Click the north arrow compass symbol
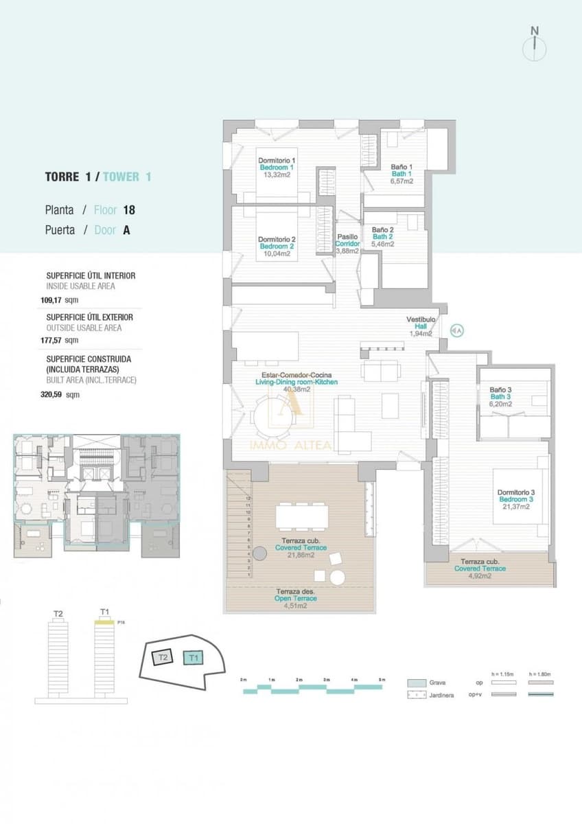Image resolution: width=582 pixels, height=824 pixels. click(x=535, y=47)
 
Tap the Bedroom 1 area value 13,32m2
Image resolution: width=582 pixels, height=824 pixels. click(x=277, y=175)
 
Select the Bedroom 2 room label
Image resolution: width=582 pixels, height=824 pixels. click(x=277, y=247)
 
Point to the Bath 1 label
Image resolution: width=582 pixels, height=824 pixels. click(x=402, y=174)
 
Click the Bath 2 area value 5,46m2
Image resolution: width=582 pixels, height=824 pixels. click(x=383, y=244)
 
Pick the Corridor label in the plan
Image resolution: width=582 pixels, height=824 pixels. click(x=347, y=244)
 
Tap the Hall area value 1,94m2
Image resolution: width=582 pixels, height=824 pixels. click(x=421, y=334)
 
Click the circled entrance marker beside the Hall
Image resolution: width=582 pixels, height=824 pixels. click(x=457, y=331)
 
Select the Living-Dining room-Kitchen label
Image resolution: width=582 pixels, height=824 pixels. click(x=296, y=382)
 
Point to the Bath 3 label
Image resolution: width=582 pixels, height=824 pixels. click(x=500, y=397)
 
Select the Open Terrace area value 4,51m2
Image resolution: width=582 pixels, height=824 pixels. click(x=292, y=606)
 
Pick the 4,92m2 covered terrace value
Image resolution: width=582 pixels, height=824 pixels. click(x=480, y=576)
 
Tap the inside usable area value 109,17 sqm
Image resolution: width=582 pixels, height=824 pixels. click(x=58, y=300)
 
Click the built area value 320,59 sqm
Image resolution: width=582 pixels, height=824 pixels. click(x=58, y=395)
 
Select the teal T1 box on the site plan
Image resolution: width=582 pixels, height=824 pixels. click(x=194, y=658)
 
